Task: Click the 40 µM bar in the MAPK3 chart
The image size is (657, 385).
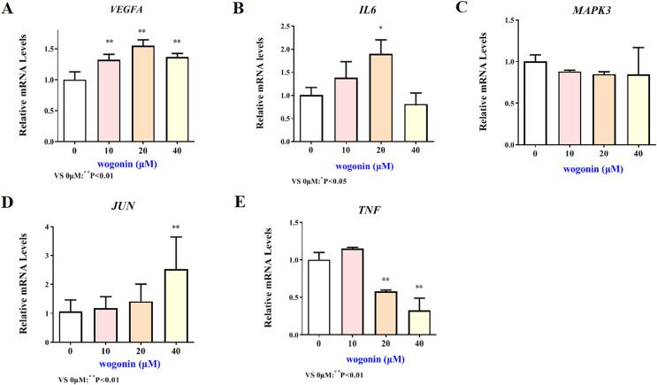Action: [581, 109]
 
